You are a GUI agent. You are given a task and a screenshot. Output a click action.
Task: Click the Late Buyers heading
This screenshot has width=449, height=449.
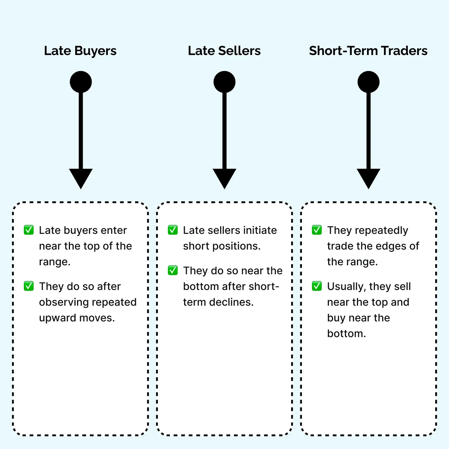tap(80, 51)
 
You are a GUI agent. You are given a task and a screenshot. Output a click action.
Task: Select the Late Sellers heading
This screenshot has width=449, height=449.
tap(224, 51)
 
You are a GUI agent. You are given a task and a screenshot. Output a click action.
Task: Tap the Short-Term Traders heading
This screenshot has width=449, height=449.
tap(368, 51)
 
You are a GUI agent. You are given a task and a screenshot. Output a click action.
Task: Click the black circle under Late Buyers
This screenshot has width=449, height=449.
tap(81, 82)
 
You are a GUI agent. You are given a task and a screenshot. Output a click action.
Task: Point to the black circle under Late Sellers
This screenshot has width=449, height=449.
tap(224, 82)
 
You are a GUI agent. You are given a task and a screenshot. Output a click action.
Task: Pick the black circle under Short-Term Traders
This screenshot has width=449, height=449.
tap(369, 82)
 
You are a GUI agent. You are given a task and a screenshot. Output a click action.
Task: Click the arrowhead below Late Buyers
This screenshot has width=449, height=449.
tap(81, 178)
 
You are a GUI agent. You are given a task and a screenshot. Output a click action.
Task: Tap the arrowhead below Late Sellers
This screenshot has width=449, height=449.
tap(224, 178)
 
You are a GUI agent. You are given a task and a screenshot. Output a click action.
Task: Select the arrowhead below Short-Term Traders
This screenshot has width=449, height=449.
tap(369, 178)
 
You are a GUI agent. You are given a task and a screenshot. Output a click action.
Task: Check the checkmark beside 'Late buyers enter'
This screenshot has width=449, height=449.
tap(29, 230)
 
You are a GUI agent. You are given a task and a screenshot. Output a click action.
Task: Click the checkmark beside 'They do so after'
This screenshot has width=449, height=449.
tap(29, 286)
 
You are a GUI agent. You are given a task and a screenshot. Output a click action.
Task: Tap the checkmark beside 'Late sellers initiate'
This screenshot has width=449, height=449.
tap(173, 230)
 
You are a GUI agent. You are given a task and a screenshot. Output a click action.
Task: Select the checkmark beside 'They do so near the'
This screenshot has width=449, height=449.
tap(173, 270)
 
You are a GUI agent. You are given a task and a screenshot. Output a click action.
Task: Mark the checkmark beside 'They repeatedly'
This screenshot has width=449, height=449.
tap(317, 230)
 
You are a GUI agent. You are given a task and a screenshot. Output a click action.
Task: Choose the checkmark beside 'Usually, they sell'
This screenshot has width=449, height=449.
tap(317, 286)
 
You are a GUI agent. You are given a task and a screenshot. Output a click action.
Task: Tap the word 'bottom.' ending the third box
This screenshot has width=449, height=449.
tap(346, 333)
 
